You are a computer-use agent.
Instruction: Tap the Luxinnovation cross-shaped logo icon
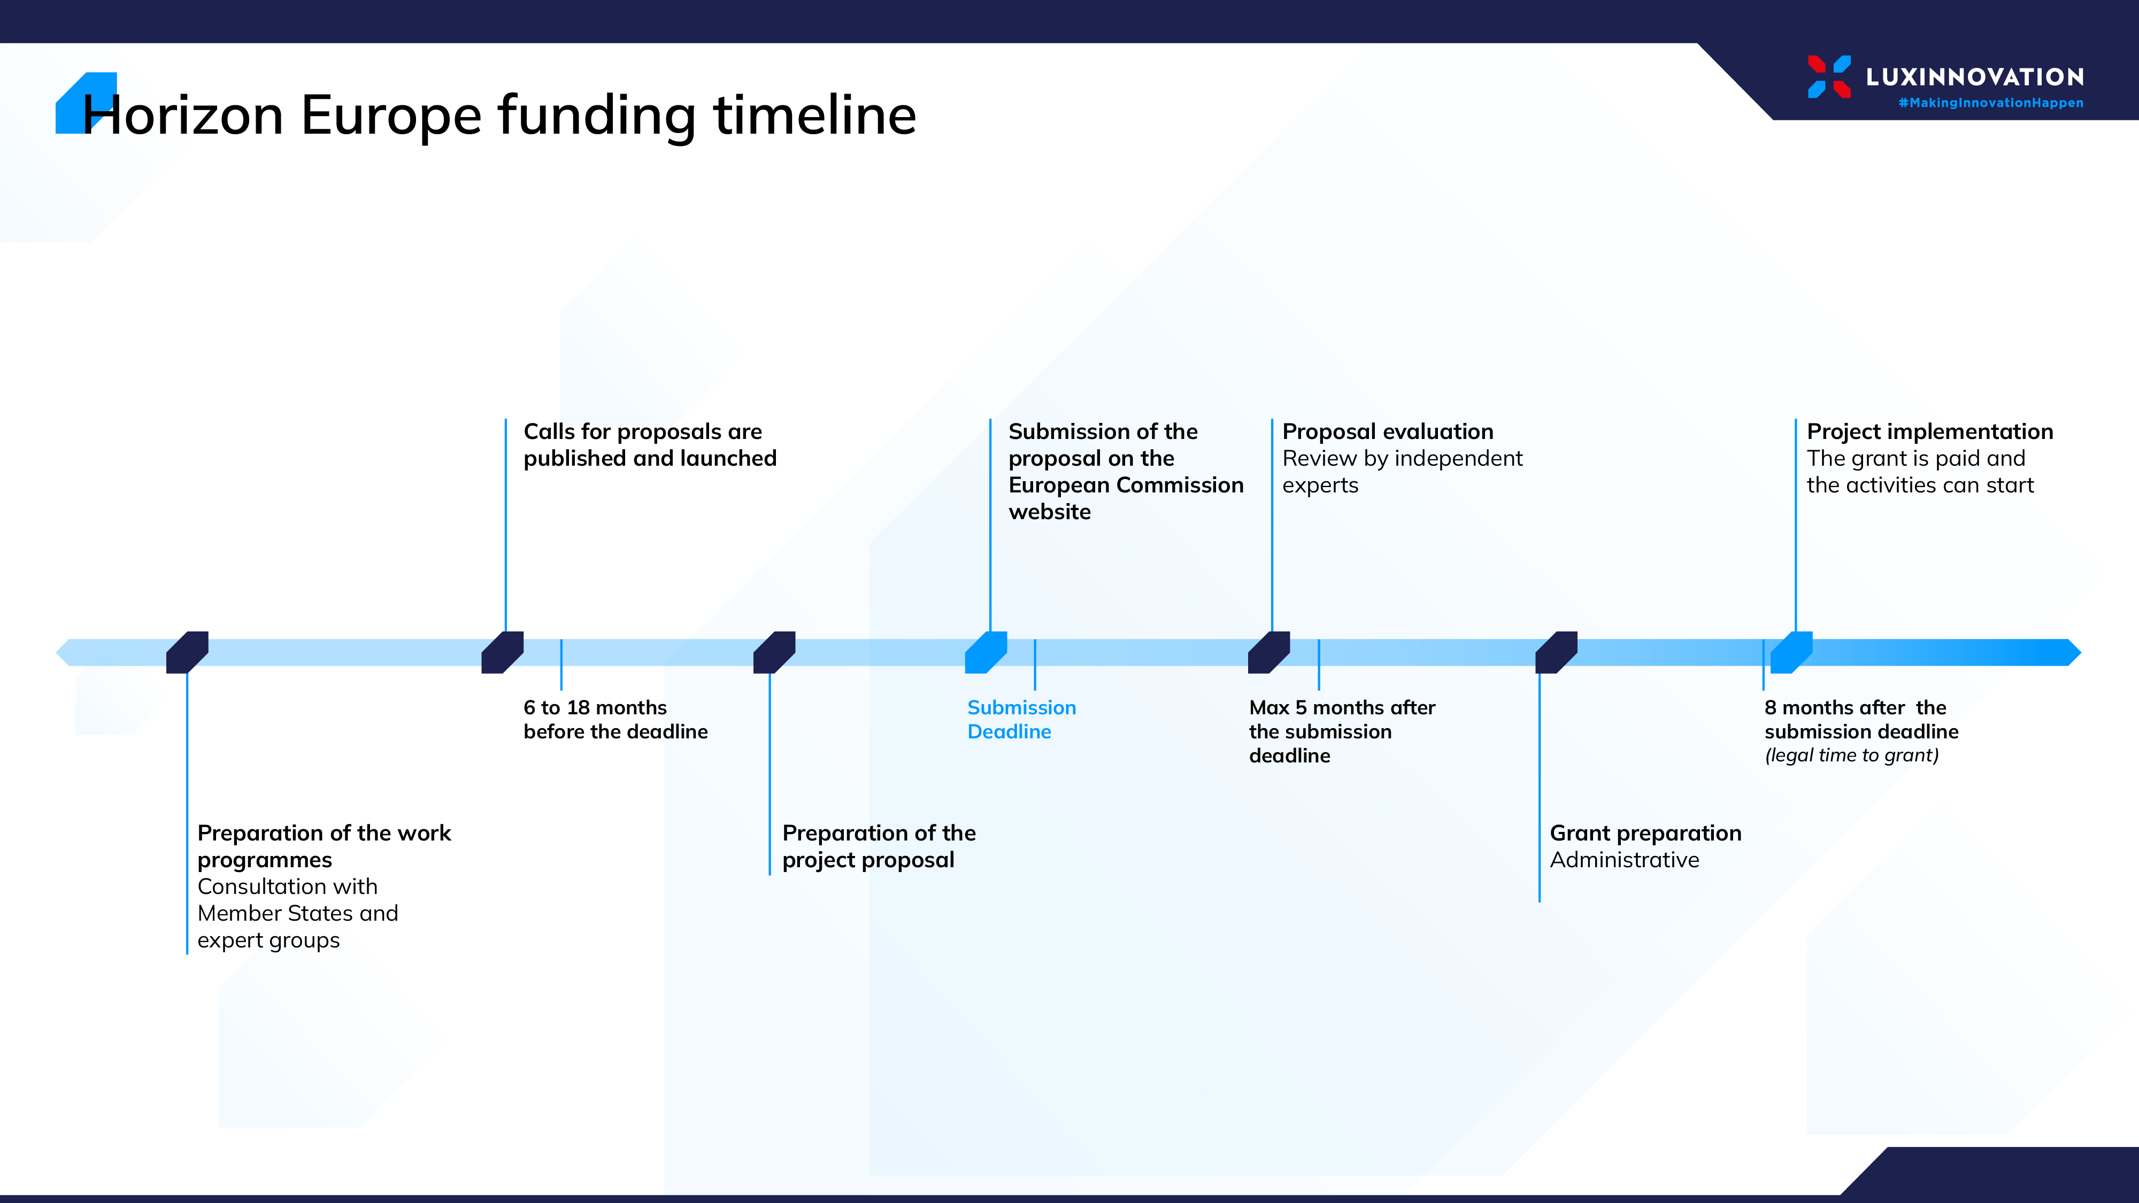[1829, 76]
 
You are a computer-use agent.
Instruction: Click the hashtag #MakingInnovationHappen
[1990, 103]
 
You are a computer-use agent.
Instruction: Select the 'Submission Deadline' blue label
[1021, 719]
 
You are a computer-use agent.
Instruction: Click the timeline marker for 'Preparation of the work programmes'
[187, 652]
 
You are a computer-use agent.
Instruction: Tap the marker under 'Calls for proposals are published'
[502, 652]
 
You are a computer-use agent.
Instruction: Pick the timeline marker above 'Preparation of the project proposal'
[774, 652]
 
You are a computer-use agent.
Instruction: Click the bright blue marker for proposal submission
[986, 652]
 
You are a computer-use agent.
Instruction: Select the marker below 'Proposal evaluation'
[1269, 652]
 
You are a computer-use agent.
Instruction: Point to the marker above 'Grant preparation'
[1556, 652]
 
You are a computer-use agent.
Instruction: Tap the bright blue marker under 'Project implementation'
[1791, 652]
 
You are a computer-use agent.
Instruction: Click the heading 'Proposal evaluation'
[1388, 431]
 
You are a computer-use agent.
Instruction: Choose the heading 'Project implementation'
[1930, 431]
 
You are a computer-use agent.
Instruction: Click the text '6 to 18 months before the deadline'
[615, 719]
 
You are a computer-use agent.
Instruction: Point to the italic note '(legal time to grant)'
[1852, 755]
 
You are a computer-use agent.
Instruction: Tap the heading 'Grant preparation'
[1646, 834]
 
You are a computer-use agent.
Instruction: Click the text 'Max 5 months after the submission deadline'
[1342, 731]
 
